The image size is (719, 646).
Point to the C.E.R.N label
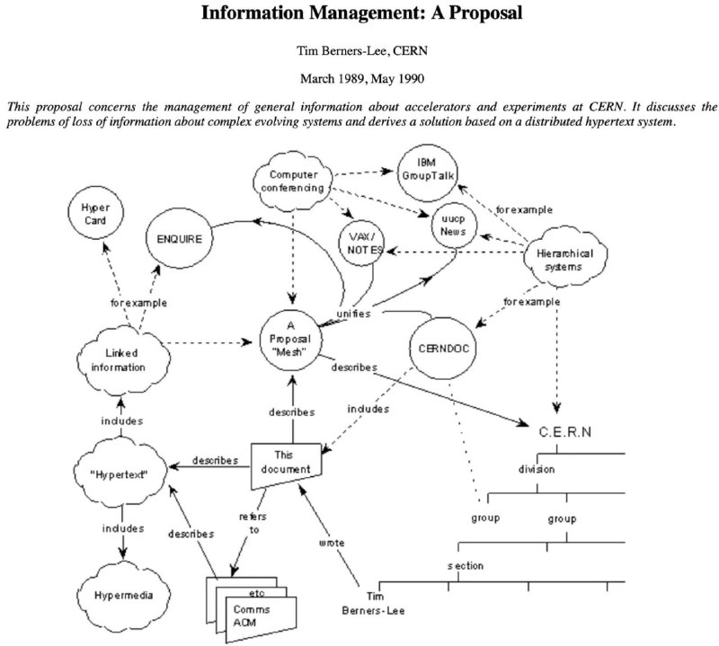pyautogui.click(x=565, y=432)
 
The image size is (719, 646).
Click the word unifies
pyautogui.click(x=353, y=314)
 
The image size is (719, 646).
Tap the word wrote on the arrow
pyautogui.click(x=332, y=543)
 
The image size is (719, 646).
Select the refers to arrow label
pyautogui.click(x=253, y=523)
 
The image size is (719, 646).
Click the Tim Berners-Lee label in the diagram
pyautogui.click(x=373, y=604)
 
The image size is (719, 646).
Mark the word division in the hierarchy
pyautogui.click(x=537, y=470)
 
